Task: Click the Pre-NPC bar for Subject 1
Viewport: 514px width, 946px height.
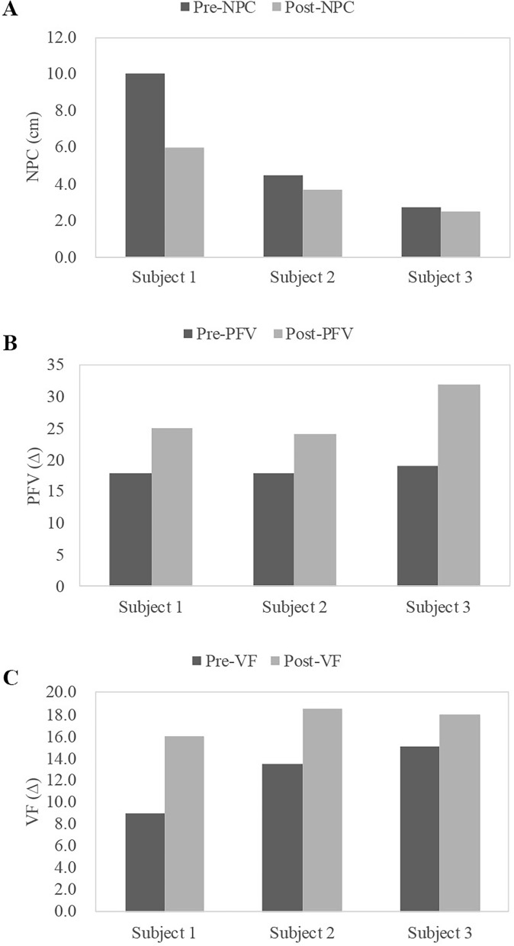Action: click(x=145, y=166)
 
